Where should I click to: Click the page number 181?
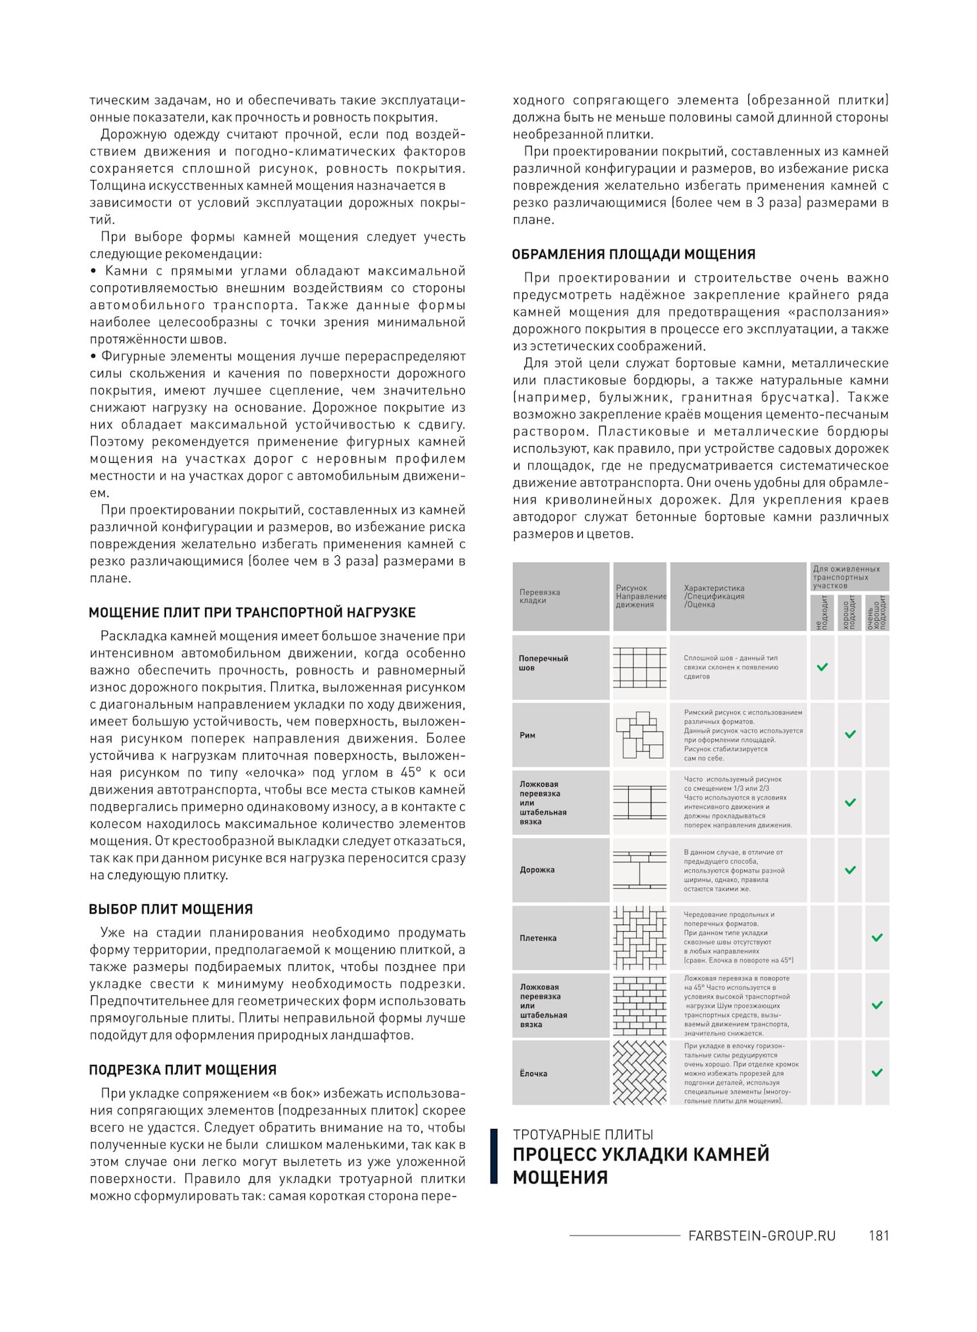pyautogui.click(x=878, y=1236)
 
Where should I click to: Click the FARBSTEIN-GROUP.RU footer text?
pyautogui.click(x=762, y=1236)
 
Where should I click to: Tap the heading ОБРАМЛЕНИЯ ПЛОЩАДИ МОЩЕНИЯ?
pyautogui.click(x=634, y=254)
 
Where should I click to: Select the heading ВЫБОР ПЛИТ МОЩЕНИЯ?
pyautogui.click(x=171, y=909)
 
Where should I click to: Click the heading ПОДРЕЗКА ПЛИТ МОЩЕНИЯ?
pyautogui.click(x=183, y=1070)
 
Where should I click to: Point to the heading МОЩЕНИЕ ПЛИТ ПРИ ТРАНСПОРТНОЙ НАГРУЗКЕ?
pyautogui.click(x=252, y=613)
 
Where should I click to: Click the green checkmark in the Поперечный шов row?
pyautogui.click(x=822, y=667)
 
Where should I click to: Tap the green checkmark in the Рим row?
pyautogui.click(x=850, y=734)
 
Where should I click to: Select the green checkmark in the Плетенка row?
pyautogui.click(x=877, y=937)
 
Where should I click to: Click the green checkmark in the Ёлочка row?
pyautogui.click(x=877, y=1072)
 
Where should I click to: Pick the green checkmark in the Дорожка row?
pyautogui.click(x=850, y=870)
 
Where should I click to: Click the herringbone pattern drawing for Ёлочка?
pyautogui.click(x=640, y=1072)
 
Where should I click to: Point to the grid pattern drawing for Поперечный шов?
pyautogui.click(x=640, y=667)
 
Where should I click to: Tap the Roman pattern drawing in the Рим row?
pyautogui.click(x=640, y=735)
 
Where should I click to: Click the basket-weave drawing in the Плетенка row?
pyautogui.click(x=640, y=937)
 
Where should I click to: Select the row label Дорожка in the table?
pyautogui.click(x=537, y=870)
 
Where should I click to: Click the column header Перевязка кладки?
pyautogui.click(x=540, y=596)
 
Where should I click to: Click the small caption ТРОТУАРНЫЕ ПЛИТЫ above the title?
pyautogui.click(x=583, y=1134)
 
